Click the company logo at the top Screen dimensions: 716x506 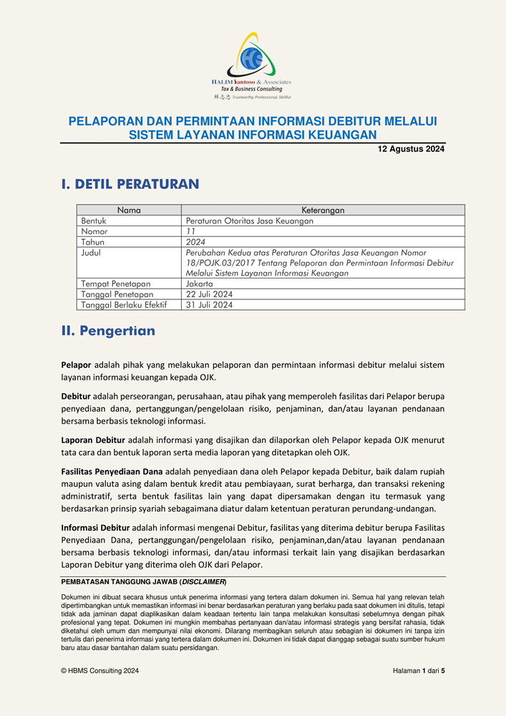click(252, 64)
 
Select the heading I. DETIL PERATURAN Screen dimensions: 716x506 click(130, 184)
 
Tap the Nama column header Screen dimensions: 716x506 click(129, 211)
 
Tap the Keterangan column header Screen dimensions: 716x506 click(323, 211)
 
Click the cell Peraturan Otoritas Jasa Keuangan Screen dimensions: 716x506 click(249, 221)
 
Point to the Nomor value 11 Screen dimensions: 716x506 click(190, 232)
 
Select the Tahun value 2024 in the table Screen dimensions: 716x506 click(195, 242)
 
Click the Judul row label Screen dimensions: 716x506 click(92, 253)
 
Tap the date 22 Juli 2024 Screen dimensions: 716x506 click(209, 294)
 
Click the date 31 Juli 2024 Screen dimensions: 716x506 click(209, 304)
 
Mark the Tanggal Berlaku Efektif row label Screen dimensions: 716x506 click(124, 304)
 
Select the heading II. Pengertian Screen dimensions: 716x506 click(108, 332)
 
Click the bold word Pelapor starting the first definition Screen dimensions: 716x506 click(77, 364)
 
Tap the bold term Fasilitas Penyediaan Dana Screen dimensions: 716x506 click(112, 471)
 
